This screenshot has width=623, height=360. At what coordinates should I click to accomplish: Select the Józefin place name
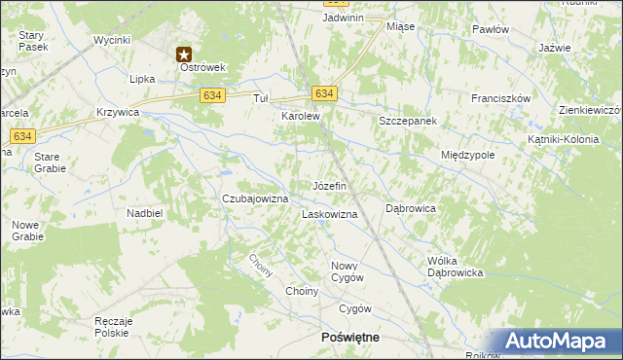click(329, 185)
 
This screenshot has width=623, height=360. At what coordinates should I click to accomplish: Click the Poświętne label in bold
click(350, 337)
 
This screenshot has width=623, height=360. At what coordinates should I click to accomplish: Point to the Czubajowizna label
click(256, 198)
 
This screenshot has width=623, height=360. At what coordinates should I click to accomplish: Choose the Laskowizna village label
click(330, 214)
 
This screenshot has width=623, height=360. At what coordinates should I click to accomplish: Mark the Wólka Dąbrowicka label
click(456, 267)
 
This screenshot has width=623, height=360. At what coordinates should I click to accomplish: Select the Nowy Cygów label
click(348, 271)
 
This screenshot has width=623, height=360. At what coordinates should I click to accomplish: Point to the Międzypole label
click(468, 155)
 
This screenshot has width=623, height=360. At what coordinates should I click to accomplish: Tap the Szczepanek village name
click(408, 120)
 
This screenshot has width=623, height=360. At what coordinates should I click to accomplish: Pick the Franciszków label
click(500, 99)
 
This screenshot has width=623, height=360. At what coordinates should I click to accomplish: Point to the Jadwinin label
click(344, 18)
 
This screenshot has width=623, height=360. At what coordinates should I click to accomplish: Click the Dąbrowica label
click(410, 208)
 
